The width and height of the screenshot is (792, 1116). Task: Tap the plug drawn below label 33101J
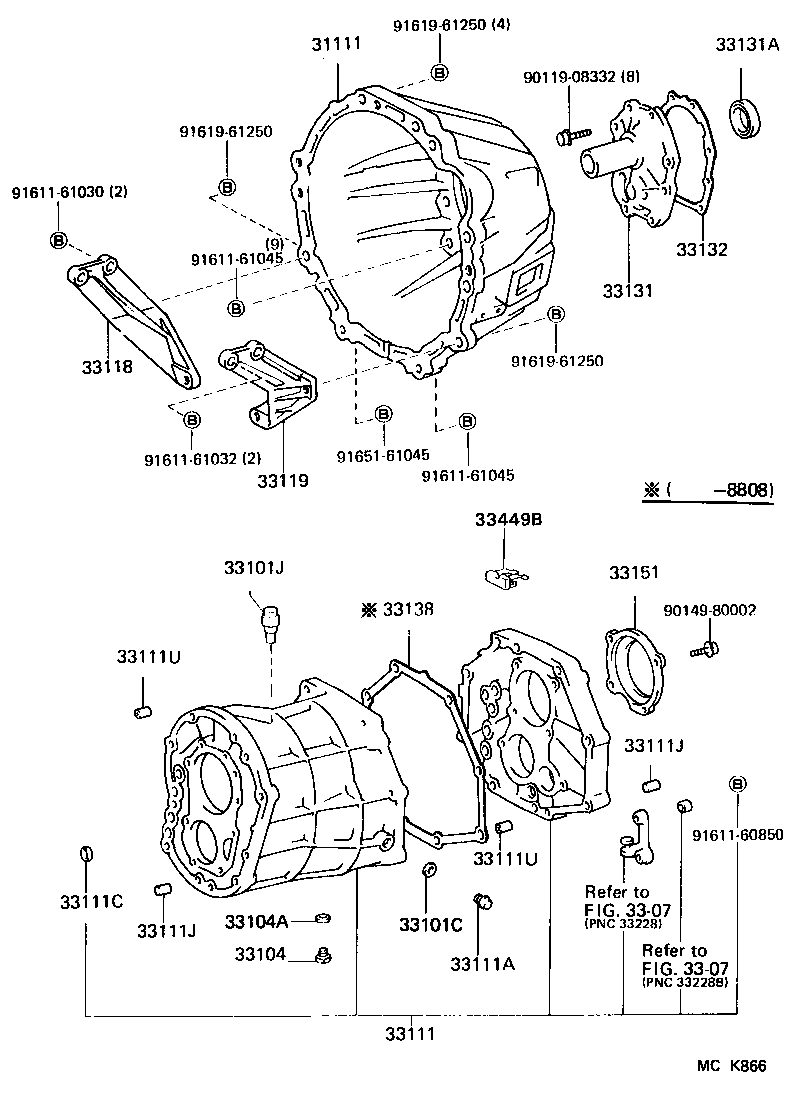pos(271,623)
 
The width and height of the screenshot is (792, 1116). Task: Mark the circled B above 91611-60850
pos(738,783)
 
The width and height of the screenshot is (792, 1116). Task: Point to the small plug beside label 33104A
pos(323,918)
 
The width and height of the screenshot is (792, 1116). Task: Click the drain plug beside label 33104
pos(322,955)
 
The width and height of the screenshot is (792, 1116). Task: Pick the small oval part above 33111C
pos(86,853)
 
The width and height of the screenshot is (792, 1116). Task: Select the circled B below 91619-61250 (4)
pos(439,71)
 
